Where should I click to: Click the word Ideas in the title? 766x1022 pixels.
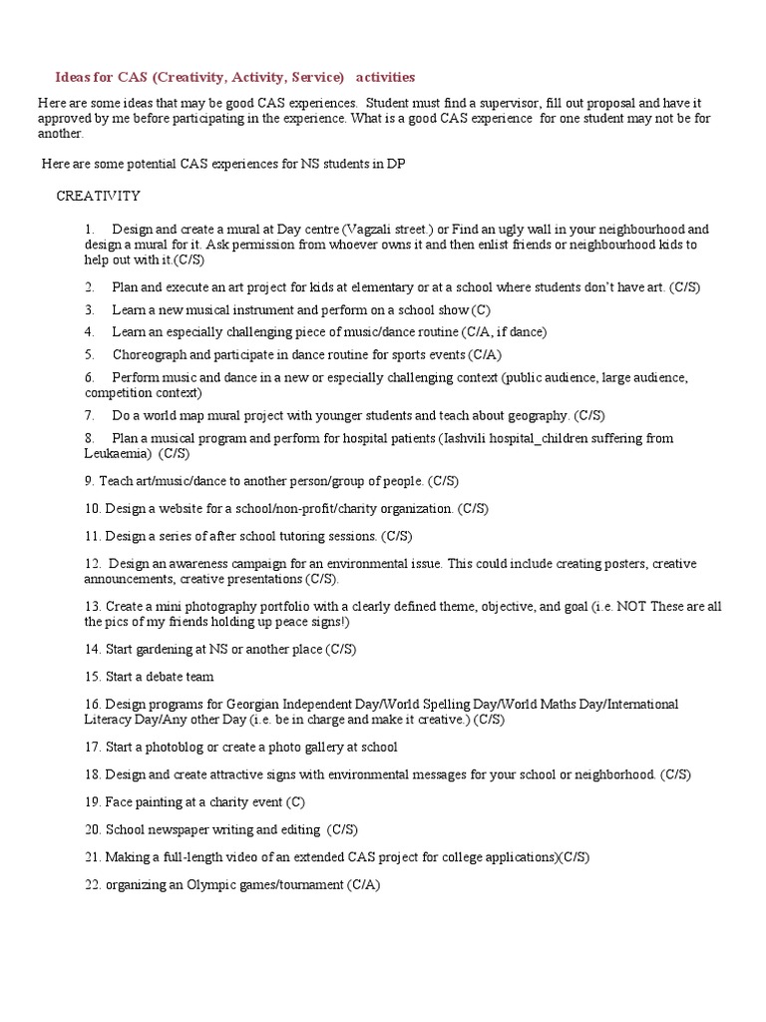click(x=73, y=77)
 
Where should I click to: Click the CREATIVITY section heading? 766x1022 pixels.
click(x=99, y=196)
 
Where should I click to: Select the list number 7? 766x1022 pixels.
click(x=89, y=414)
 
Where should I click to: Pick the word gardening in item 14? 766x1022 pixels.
click(x=162, y=650)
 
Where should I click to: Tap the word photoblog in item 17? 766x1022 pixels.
click(x=180, y=747)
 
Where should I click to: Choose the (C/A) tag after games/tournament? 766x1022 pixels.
click(x=364, y=884)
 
